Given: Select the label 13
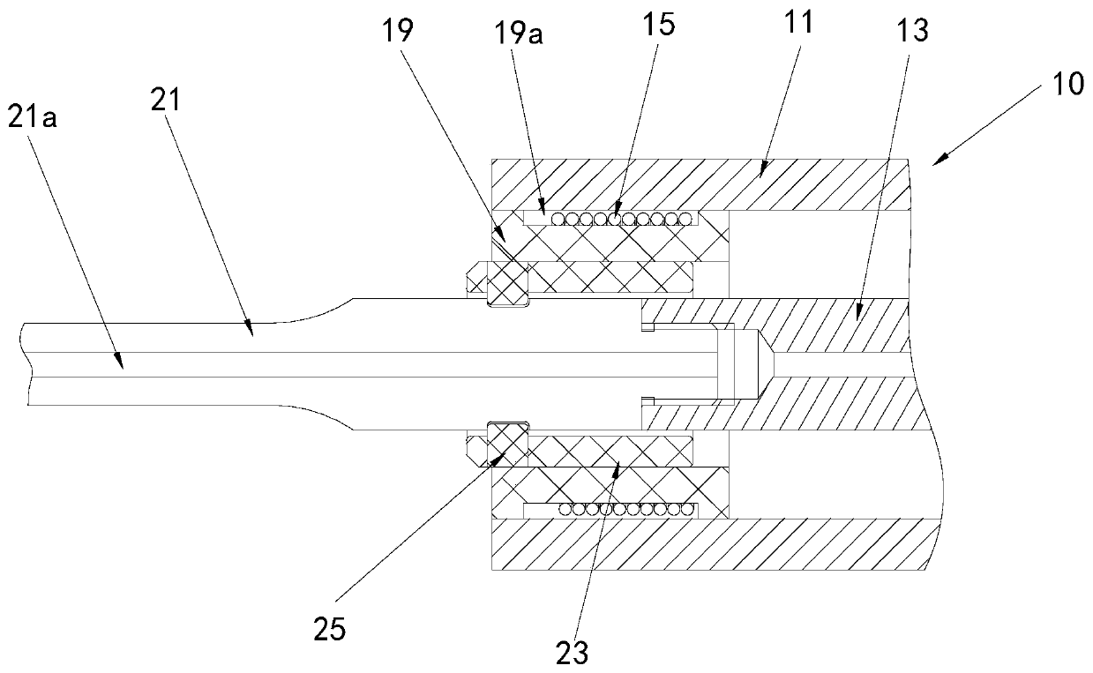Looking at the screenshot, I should click(x=915, y=32).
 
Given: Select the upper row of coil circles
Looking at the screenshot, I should click(x=610, y=219).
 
